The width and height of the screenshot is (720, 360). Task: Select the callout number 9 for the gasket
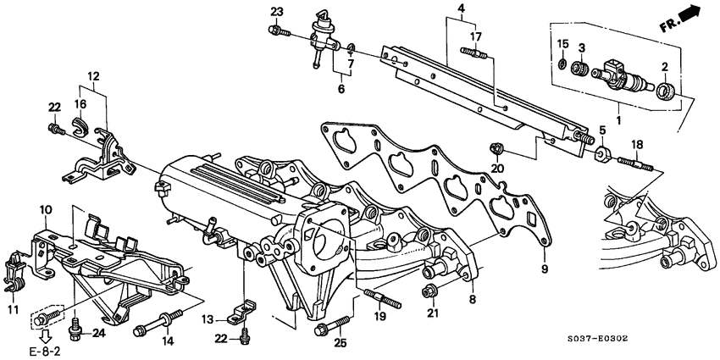[x=545, y=269]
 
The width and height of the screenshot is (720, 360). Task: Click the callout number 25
[x=341, y=343]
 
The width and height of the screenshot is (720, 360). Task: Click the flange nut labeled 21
[x=429, y=293]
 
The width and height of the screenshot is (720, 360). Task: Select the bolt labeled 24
[x=75, y=324]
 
